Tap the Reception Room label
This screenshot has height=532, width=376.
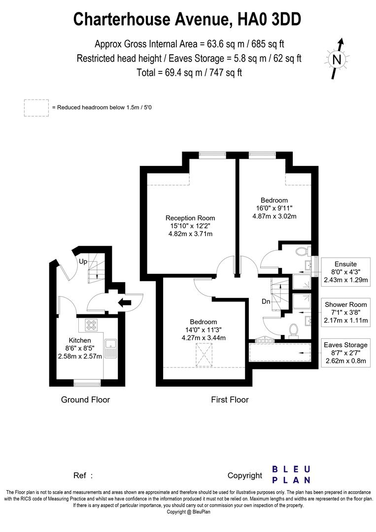[190, 218]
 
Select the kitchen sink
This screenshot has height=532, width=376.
[110, 348]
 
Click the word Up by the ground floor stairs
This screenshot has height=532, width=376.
[83, 262]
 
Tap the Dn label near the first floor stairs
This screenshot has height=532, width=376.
[266, 301]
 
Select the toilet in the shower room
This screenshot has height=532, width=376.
[293, 329]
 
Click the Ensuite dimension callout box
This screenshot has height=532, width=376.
[345, 272]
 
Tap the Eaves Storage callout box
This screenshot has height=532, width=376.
[345, 352]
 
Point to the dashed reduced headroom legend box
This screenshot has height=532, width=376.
[36, 107]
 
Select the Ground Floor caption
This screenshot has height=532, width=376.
[85, 399]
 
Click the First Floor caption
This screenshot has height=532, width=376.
[230, 399]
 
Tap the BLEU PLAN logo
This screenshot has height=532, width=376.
[291, 474]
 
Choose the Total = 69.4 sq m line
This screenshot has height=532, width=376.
[189, 72]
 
